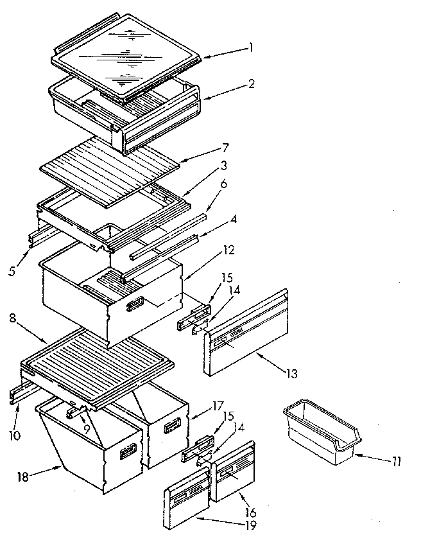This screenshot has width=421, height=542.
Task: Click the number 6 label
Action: coord(223,184)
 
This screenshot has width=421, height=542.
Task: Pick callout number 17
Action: coord(218,405)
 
